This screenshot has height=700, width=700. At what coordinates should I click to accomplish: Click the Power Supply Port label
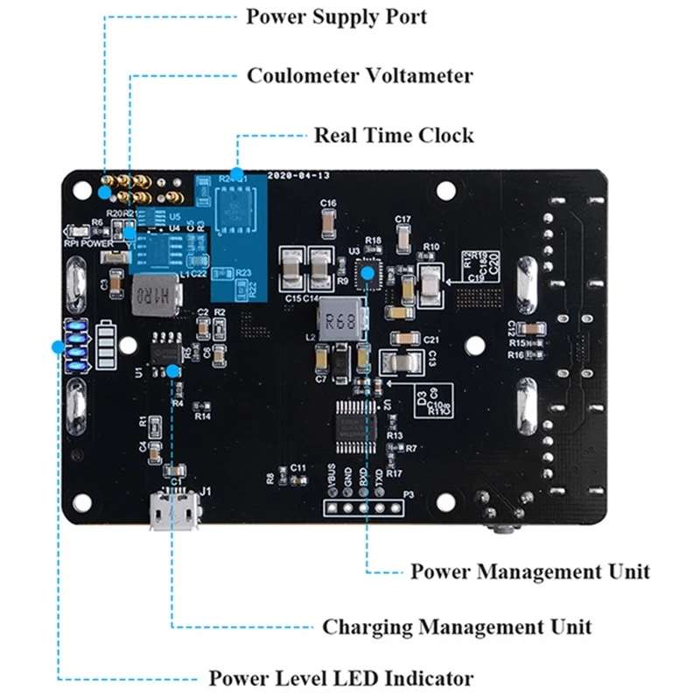click(x=336, y=17)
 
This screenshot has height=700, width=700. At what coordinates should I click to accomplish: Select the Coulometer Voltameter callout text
click(x=360, y=75)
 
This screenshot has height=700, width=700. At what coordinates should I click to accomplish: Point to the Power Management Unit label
click(x=530, y=571)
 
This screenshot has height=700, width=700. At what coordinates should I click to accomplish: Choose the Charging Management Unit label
click(x=457, y=627)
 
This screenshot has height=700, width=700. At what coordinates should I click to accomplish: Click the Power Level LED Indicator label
click(x=340, y=679)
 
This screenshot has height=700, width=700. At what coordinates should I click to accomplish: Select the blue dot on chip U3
click(x=368, y=274)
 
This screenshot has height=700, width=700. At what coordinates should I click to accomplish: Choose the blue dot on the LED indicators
click(x=58, y=346)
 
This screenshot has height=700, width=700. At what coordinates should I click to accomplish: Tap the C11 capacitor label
click(x=299, y=468)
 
